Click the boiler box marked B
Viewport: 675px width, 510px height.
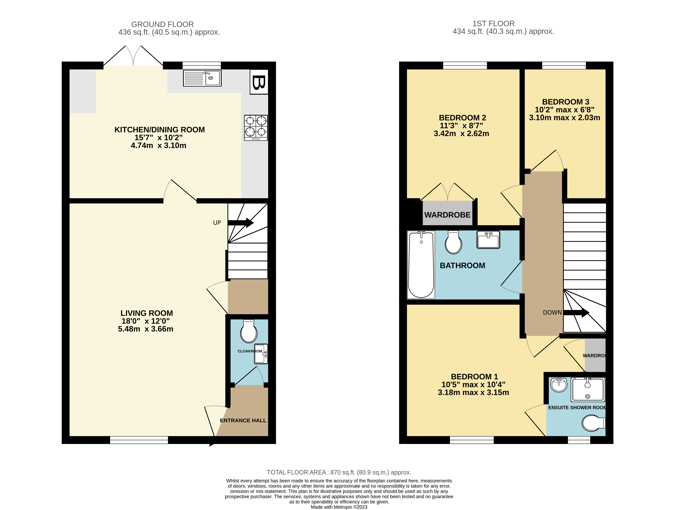pos(259,82)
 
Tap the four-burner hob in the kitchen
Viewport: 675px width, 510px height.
pos(256,127)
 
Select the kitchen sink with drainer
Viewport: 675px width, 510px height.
pos(202,78)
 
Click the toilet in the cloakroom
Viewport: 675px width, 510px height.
pos(249,332)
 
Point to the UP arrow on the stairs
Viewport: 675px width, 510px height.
pos(240,223)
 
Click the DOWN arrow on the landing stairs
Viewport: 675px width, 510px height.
pos(576,312)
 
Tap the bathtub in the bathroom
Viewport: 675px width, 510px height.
pos(421,265)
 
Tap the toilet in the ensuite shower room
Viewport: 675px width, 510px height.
pos(593,423)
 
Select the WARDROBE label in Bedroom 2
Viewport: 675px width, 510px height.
pos(447,215)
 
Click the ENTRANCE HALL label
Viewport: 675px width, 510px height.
pos(243,420)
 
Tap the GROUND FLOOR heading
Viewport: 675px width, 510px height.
pos(162,24)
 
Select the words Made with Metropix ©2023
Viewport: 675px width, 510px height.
pos(339,507)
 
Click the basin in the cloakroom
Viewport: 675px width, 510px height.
pos(261,354)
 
